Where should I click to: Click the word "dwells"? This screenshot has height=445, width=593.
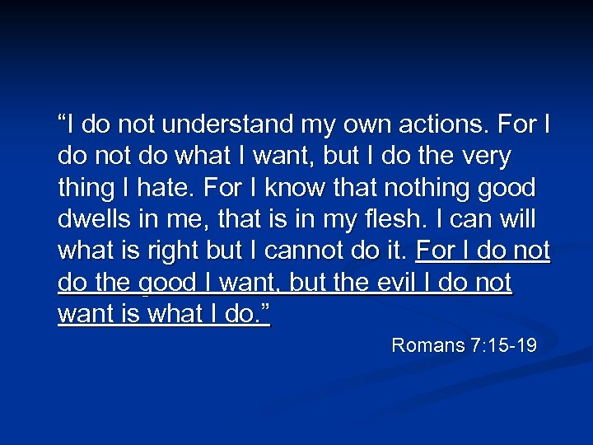(x=96, y=220)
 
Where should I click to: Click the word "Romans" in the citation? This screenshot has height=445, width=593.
(x=428, y=345)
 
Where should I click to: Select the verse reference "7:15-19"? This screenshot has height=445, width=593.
(x=504, y=345)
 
